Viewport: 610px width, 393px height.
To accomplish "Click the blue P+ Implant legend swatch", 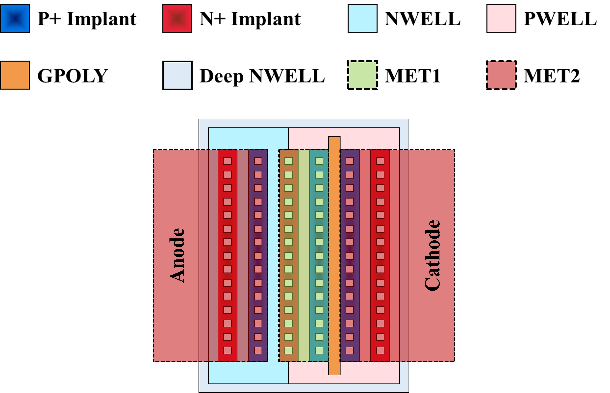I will pos(15,18).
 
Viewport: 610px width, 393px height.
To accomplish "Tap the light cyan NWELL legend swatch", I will pos(362,18).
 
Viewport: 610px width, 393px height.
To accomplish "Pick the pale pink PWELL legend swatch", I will pos(501,18).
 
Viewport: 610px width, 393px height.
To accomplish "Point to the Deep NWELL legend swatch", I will pos(177,75).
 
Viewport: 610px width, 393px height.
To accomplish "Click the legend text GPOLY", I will pos(72,76).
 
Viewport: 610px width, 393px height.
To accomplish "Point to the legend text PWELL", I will pos(560,19).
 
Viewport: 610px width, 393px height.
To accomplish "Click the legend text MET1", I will pos(413,76).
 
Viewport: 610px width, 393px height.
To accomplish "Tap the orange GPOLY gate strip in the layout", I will pos(334,255).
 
